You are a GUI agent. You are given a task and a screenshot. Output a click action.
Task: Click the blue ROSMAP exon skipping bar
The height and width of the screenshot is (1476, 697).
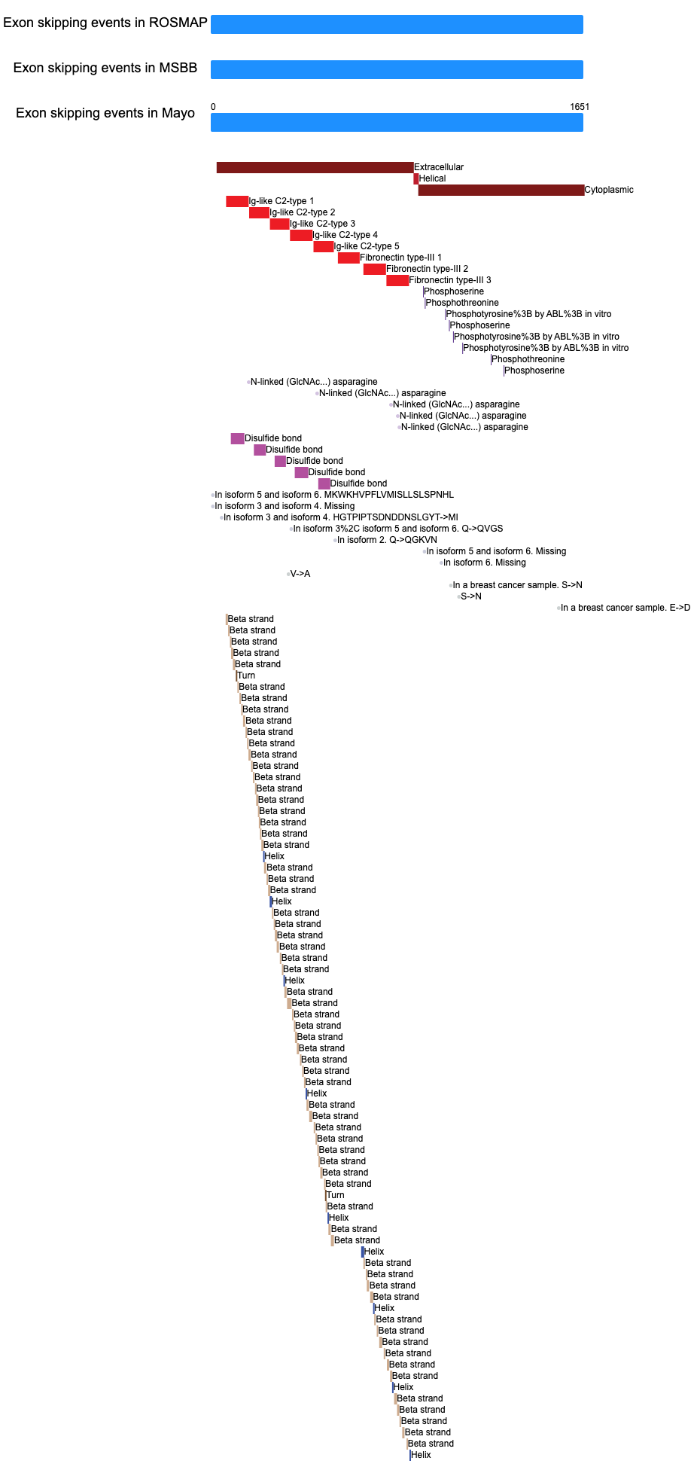pos(397,24)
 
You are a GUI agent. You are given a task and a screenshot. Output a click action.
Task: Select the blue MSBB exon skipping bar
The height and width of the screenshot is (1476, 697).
pos(397,69)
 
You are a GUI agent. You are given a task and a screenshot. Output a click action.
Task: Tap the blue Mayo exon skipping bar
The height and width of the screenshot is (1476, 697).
pos(397,122)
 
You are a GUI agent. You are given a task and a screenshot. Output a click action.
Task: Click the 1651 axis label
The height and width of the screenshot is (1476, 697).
pos(580,107)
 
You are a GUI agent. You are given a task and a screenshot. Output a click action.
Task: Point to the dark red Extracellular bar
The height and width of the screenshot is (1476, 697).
pos(315,167)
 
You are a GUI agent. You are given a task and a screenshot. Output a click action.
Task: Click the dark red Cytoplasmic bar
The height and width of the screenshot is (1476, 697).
pos(501,190)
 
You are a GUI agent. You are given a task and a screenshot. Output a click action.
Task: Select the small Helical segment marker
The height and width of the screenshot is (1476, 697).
pos(415,178)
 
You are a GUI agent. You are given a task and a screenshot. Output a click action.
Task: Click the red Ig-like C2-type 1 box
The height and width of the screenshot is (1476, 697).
pos(237,201)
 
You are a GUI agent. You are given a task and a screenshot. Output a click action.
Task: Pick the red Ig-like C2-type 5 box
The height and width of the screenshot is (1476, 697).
pos(324,246)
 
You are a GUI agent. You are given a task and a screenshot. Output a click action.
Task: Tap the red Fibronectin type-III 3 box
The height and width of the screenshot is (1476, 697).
pos(397,280)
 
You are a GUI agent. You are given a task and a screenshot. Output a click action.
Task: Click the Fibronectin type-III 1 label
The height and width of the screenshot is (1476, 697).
pos(400,258)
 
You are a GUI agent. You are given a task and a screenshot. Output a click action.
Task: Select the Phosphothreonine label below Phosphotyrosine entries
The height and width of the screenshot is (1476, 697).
pos(528,359)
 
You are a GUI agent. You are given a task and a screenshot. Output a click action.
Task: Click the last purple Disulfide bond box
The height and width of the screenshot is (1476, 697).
pos(324,483)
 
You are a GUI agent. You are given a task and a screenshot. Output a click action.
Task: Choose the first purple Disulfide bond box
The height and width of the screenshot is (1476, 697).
pos(237,438)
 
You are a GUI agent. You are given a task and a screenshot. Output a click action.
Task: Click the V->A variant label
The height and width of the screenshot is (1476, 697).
pos(300,574)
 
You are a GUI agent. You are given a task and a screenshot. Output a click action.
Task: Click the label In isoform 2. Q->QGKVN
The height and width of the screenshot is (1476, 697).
pos(387,540)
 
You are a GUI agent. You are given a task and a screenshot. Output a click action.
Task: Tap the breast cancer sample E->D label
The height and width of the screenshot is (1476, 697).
pos(625,608)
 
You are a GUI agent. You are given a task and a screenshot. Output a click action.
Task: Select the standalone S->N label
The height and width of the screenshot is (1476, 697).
pos(471,596)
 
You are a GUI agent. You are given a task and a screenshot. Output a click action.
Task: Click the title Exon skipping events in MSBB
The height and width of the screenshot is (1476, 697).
pos(105,68)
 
